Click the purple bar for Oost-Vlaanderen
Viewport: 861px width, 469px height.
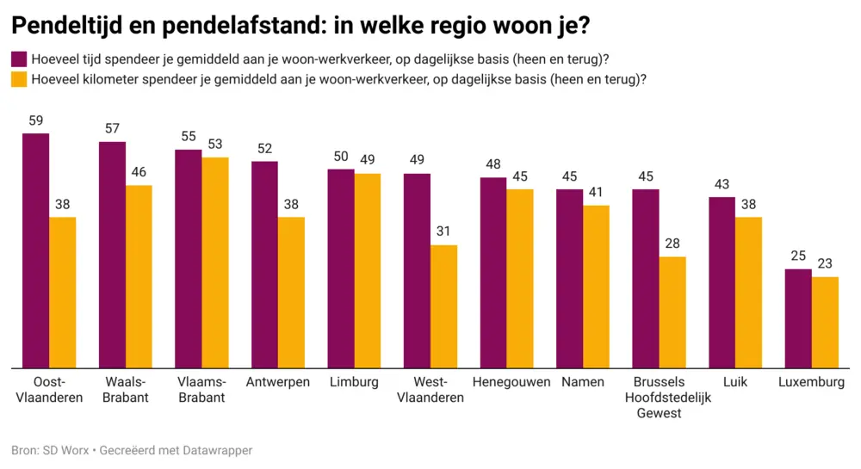(x=36, y=250)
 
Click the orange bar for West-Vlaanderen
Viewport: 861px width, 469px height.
(x=443, y=306)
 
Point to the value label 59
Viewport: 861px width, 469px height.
(x=36, y=121)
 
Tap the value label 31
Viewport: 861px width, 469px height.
(x=443, y=232)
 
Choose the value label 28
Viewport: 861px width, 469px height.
(x=672, y=244)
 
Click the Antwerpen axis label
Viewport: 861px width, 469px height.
(x=278, y=382)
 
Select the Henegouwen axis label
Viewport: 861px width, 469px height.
(x=511, y=382)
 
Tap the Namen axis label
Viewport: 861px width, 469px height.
(x=583, y=382)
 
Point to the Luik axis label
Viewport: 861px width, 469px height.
(x=735, y=382)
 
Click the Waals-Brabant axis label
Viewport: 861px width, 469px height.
(x=126, y=390)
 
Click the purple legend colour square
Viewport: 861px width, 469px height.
(x=18, y=59)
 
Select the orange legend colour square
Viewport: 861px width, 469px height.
(x=18, y=79)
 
